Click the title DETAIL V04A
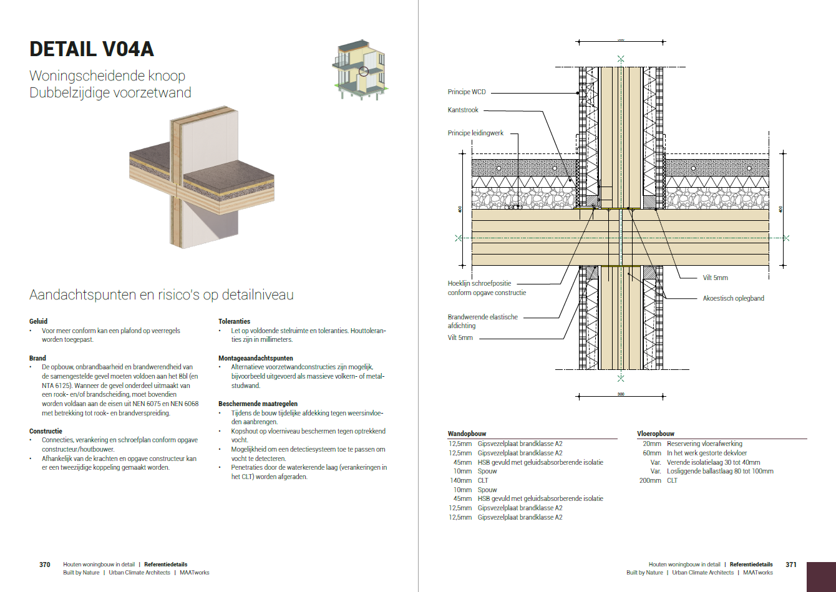92,49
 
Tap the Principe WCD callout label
466,92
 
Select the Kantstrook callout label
463,110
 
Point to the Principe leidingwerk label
475,133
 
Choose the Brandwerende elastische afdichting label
482,321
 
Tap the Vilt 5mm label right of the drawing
715,278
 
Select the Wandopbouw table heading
467,434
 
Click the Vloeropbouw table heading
655,434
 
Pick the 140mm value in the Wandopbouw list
460,480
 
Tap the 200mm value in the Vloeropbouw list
649,480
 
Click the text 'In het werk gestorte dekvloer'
707,453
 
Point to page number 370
45,565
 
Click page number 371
791,565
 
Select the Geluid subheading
38,321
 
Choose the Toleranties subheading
234,321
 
